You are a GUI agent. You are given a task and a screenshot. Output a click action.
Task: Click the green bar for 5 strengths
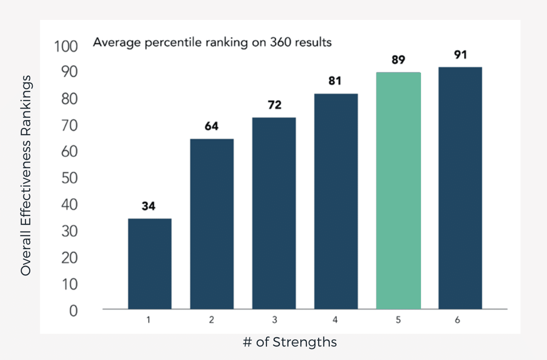pos(398,191)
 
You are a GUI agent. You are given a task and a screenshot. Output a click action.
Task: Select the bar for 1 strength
pos(150,264)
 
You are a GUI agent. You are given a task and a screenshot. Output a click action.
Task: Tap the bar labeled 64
pos(212,224)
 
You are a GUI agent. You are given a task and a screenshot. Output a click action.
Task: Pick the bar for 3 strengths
pos(274,213)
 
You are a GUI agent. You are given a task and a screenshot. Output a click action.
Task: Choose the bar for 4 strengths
pos(336,201)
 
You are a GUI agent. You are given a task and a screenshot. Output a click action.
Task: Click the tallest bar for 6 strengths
pos(460,188)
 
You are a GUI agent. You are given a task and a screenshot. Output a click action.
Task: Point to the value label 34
pos(149,206)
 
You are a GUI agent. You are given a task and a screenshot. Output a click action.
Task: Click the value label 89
pos(398,59)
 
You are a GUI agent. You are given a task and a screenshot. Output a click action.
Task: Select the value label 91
pos(460,54)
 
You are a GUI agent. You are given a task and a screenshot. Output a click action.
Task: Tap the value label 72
pos(275,105)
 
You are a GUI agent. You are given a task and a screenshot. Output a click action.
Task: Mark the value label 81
pos(335,81)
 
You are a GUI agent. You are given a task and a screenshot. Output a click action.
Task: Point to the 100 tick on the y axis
pos(66,46)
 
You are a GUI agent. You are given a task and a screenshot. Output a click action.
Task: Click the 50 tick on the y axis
pos(69,178)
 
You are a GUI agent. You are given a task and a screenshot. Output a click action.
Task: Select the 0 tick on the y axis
pos(73,311)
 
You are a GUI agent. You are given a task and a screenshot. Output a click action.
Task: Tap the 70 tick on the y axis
pos(69,125)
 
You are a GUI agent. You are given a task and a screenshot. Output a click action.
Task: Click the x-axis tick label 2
pos(212,320)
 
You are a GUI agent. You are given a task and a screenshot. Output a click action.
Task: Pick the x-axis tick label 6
pos(457,320)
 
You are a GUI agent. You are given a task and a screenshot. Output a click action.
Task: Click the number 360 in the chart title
pos(281,42)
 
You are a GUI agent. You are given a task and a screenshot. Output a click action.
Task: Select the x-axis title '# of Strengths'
pos(290,342)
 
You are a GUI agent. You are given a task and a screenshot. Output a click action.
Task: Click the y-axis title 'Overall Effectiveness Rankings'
pos(26,175)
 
